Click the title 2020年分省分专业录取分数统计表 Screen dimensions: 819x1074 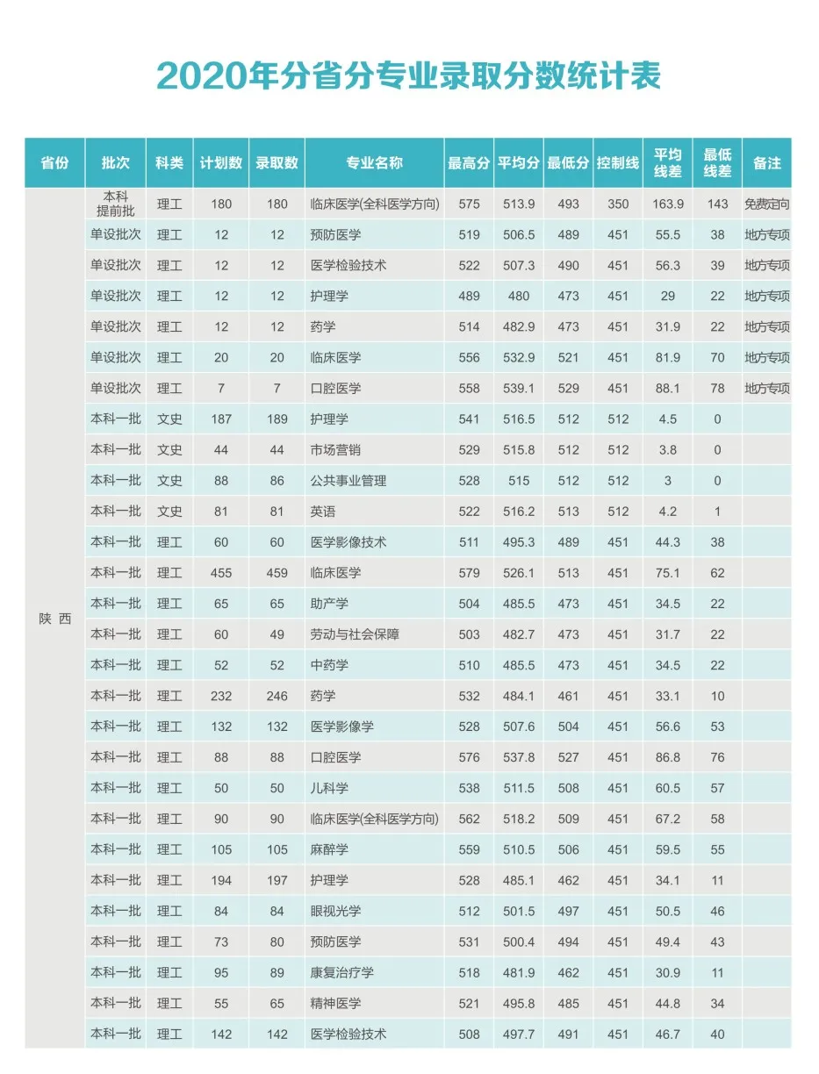[409, 76]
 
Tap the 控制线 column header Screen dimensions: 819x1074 [618, 163]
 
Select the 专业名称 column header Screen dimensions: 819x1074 [374, 163]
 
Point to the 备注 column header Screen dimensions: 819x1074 [766, 163]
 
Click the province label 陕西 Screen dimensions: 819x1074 [54, 619]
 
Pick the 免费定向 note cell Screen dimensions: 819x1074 [766, 204]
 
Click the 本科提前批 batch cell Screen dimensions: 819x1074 [116, 204]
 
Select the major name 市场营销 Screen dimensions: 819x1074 [335, 450]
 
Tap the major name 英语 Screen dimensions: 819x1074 [323, 512]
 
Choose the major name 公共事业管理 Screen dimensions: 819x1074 [348, 481]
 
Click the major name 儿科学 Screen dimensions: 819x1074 [329, 788]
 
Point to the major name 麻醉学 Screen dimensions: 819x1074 [329, 849]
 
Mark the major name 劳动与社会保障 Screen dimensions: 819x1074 [355, 634]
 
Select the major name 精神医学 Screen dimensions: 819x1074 [335, 1003]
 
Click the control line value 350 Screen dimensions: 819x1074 [618, 204]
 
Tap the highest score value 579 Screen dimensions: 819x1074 [470, 573]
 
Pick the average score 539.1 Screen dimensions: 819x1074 [519, 389]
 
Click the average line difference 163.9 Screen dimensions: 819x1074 [668, 204]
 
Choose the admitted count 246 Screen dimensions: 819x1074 [277, 696]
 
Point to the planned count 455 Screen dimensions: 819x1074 [221, 573]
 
